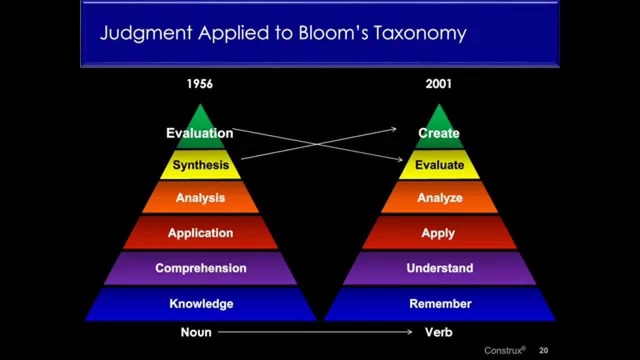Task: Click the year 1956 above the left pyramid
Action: click(x=199, y=84)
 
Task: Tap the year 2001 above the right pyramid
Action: click(x=438, y=84)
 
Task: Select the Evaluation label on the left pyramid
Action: click(x=199, y=133)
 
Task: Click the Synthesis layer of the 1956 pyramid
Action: click(x=201, y=165)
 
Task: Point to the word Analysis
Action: click(x=200, y=197)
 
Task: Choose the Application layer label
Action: click(x=200, y=233)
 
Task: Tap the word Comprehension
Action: click(x=201, y=268)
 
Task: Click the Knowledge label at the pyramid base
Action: click(x=201, y=303)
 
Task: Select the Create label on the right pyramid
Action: click(x=439, y=133)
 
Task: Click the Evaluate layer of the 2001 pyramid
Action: click(x=439, y=165)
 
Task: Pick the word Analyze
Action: click(x=439, y=198)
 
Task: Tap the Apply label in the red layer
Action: click(x=438, y=233)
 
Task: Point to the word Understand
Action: click(x=439, y=268)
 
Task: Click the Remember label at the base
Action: click(x=440, y=303)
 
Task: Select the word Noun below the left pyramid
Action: click(x=196, y=332)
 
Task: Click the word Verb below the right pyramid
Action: click(x=439, y=332)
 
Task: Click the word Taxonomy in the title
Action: click(x=420, y=33)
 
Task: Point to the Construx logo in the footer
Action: click(x=505, y=350)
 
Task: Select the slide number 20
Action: click(x=543, y=350)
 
